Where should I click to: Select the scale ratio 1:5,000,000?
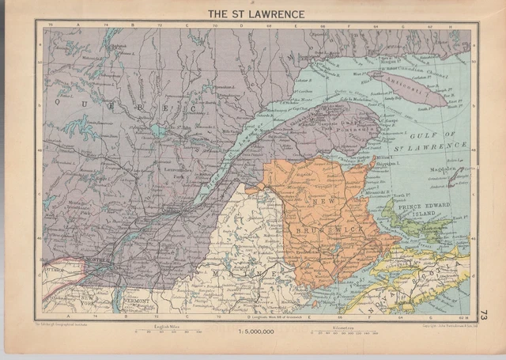point(253,333)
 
